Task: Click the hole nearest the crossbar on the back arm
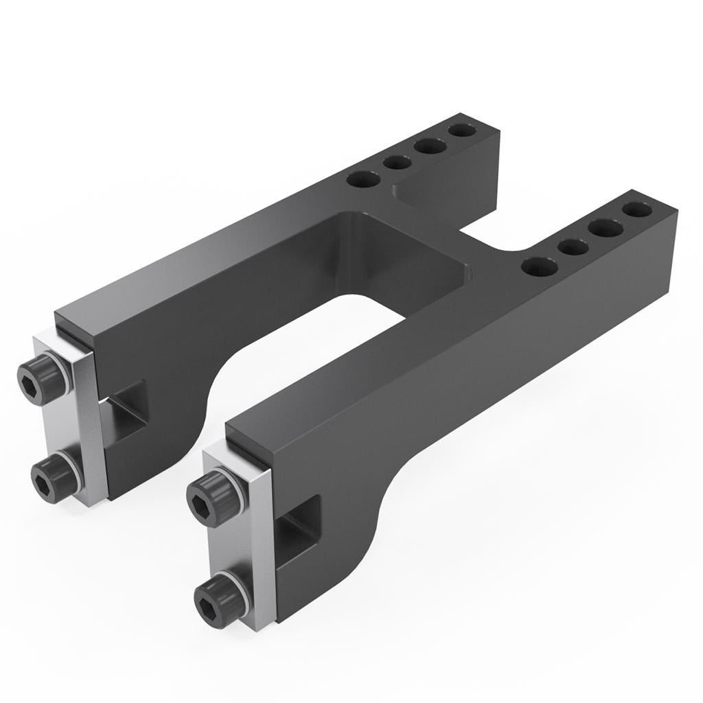pos(363,180)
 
